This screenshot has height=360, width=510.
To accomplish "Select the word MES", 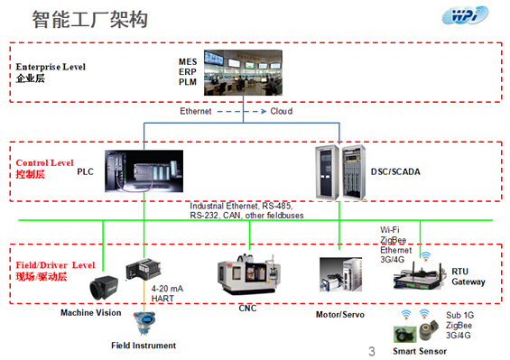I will coord(188,61).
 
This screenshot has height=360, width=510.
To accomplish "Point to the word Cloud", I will coord(282,112).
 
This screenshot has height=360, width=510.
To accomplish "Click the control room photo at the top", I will coord(252,70).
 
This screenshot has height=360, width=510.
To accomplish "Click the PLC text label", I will coord(85,170).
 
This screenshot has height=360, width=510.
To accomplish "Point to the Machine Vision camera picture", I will coord(100,287).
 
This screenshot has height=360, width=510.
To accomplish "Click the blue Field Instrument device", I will coord(143,324).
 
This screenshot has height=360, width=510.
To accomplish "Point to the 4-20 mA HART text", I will coord(168,293).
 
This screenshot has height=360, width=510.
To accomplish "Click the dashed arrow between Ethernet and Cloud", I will coord(242,112).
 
